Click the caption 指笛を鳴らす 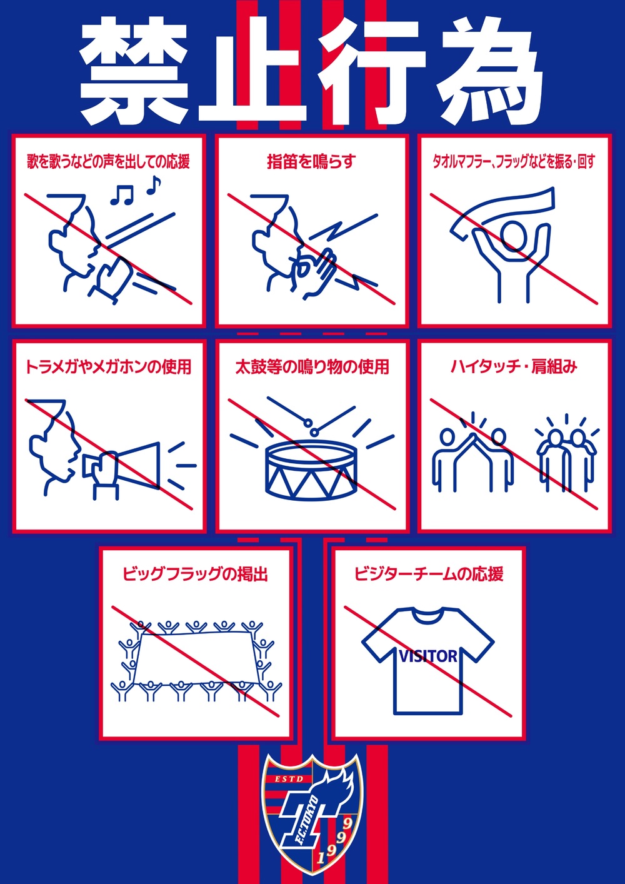[x=311, y=162]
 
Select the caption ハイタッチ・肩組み [x=514, y=366]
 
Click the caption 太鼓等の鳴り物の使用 [x=312, y=366]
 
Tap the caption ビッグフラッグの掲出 [x=195, y=574]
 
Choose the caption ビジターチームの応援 [x=429, y=574]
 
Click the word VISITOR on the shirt [x=428, y=656]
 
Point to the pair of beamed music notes [x=122, y=195]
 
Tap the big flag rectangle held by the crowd [x=195, y=658]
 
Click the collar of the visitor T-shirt [x=427, y=615]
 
